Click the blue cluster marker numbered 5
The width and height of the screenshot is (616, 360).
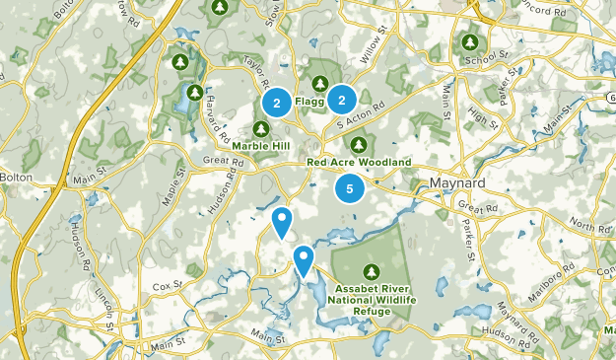(349, 187)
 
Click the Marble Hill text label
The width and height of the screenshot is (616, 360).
(261, 147)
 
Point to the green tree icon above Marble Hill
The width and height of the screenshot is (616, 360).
(262, 129)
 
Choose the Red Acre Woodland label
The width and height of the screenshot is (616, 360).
(359, 162)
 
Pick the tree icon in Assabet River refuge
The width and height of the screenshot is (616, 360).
(372, 271)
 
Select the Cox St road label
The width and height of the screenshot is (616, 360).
(163, 285)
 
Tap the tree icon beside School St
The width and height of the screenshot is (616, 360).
(470, 43)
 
